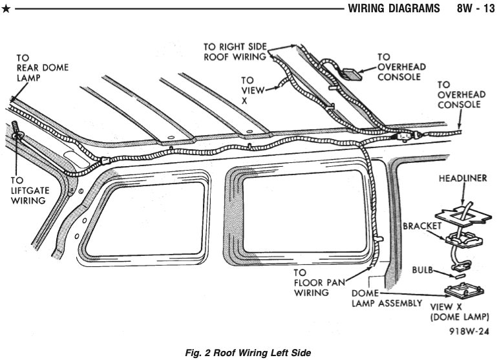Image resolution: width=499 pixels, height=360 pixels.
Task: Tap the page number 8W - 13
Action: [473, 10]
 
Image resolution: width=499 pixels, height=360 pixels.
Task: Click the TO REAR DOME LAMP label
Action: [43, 67]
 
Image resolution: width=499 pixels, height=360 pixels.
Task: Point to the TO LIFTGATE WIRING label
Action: [28, 191]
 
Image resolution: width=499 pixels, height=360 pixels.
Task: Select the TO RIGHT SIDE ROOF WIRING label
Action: [235, 51]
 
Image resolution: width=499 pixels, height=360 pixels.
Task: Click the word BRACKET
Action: [422, 227]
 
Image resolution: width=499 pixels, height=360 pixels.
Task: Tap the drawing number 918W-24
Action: [468, 332]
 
